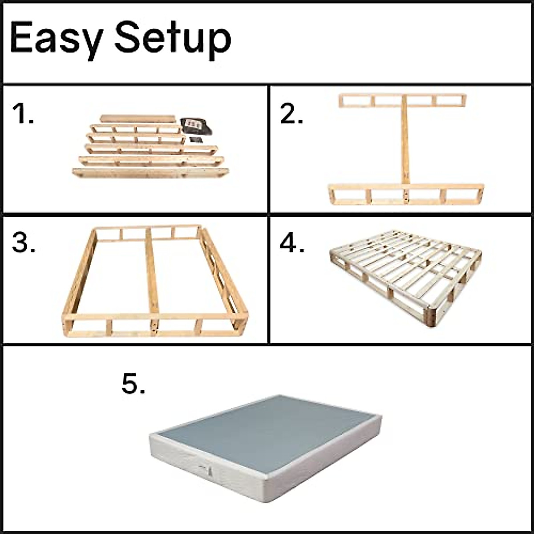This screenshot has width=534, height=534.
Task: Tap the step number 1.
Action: (23, 114)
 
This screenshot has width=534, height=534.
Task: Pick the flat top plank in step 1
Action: (138, 119)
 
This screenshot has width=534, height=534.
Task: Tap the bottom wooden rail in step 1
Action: (150, 173)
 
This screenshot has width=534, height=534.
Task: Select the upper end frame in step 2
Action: (403, 101)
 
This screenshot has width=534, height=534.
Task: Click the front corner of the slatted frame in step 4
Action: (431, 317)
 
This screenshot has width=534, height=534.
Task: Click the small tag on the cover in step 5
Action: (206, 469)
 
